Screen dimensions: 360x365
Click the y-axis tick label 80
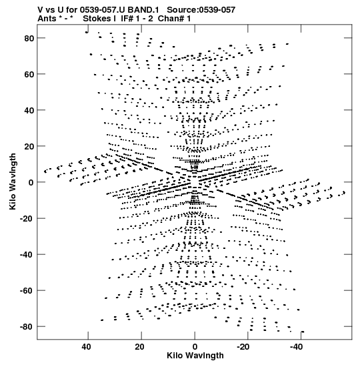coord(29,38)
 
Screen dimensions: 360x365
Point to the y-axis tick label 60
coord(29,74)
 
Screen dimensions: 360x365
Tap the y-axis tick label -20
coord(27,219)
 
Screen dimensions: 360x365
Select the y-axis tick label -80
coord(27,327)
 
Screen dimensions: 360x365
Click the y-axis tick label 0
coord(31,183)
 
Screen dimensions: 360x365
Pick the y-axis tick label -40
coord(27,255)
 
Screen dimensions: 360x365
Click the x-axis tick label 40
coord(86,347)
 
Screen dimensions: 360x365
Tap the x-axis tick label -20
coord(243,347)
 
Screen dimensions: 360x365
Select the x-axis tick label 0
coord(195,347)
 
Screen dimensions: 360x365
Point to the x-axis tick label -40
coord(296,347)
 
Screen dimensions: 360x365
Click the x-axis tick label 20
coord(139,347)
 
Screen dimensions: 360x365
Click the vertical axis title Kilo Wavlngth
coord(13,181)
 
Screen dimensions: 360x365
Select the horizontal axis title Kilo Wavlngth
coord(195,356)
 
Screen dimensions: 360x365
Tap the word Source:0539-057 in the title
coord(201,10)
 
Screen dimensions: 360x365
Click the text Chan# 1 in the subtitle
coord(174,19)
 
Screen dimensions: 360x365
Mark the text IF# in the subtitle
coord(127,19)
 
